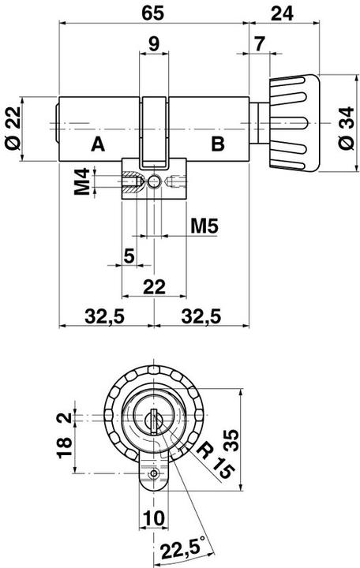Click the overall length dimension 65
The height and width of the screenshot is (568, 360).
pyautogui.click(x=153, y=13)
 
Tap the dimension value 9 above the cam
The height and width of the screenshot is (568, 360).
pyautogui.click(x=154, y=43)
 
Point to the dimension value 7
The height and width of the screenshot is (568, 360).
pyautogui.click(x=260, y=43)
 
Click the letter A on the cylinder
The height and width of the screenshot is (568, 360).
pyautogui.click(x=97, y=144)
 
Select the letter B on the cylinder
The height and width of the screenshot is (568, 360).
pyautogui.click(x=218, y=144)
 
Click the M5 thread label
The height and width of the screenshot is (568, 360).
pyautogui.click(x=204, y=227)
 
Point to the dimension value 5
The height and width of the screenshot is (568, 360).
pyautogui.click(x=128, y=256)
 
